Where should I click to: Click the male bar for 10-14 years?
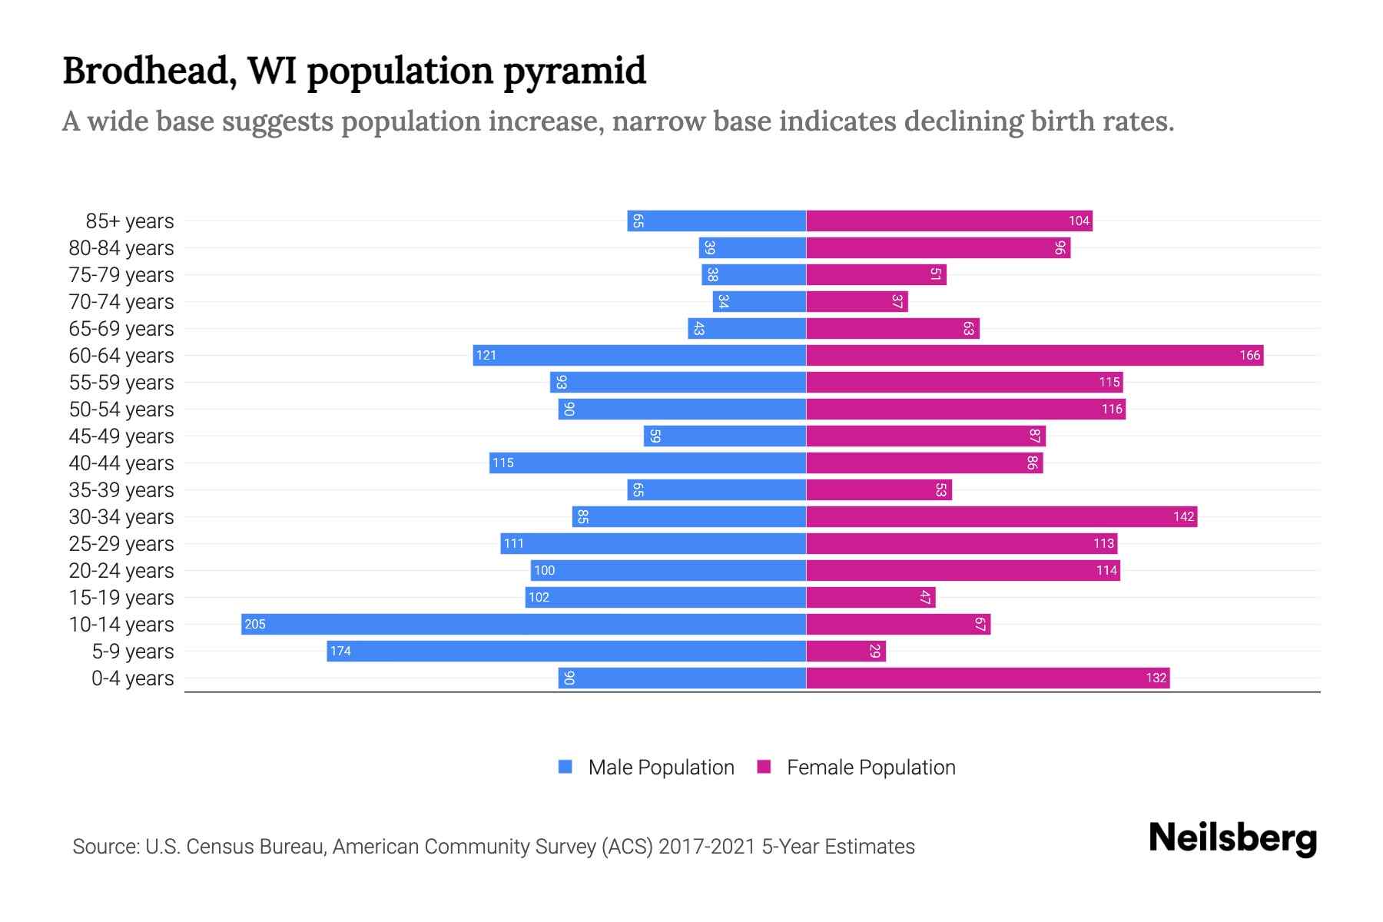pyautogui.click(x=522, y=624)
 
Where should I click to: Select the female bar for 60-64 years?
pyautogui.click(x=1033, y=355)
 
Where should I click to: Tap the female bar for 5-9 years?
pyautogui.click(x=845, y=651)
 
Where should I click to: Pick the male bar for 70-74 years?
pyautogui.click(x=759, y=301)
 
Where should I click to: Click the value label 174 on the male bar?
pyautogui.click(x=340, y=651)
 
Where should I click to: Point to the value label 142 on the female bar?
pyautogui.click(x=1183, y=516)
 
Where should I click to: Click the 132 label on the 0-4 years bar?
pyautogui.click(x=1156, y=678)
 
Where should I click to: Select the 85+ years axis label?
pyautogui.click(x=129, y=221)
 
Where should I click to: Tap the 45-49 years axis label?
pyautogui.click(x=121, y=436)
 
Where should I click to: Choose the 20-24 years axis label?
pyautogui.click(x=121, y=571)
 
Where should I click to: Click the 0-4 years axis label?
pyautogui.click(x=132, y=678)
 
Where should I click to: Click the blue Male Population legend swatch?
pyautogui.click(x=565, y=767)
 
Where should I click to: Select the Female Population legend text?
pyautogui.click(x=871, y=768)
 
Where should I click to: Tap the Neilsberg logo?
pyautogui.click(x=1232, y=838)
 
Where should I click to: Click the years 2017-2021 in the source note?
pyautogui.click(x=707, y=847)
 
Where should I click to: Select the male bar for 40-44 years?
pyautogui.click(x=647, y=463)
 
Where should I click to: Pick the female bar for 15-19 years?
pyautogui.click(x=870, y=597)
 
